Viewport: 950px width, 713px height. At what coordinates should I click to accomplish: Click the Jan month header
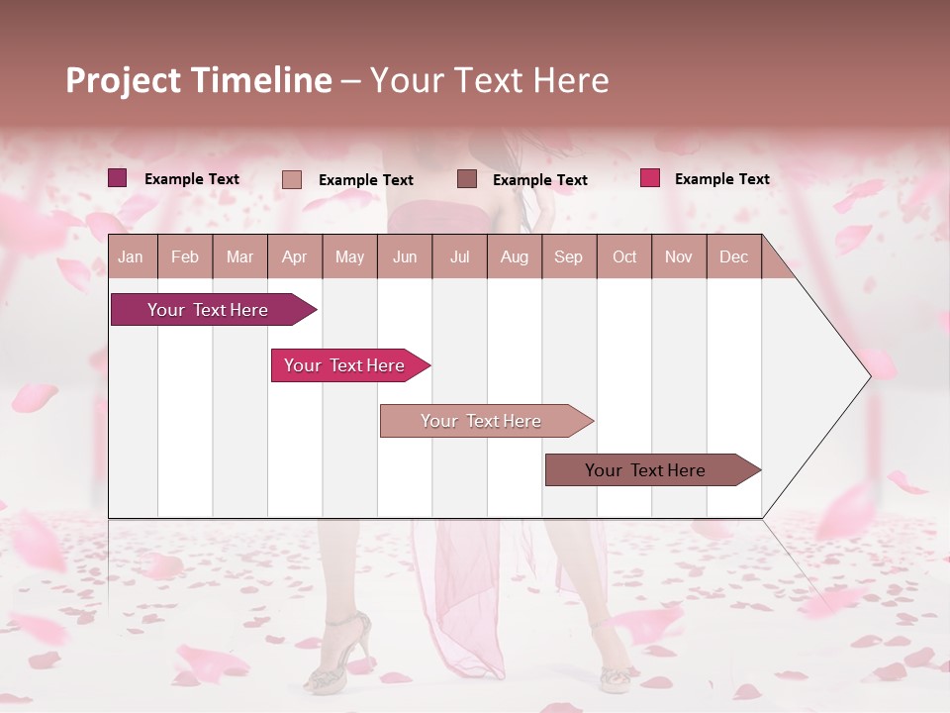click(x=131, y=256)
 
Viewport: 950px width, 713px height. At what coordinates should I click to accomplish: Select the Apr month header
click(x=294, y=256)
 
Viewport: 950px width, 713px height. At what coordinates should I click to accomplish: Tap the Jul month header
click(x=459, y=256)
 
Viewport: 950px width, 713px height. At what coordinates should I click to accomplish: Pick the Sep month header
click(x=568, y=256)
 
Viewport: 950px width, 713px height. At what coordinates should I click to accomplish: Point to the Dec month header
click(x=733, y=256)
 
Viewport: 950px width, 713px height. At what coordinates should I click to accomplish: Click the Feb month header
click(x=185, y=256)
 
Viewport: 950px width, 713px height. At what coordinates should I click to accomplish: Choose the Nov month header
click(x=678, y=256)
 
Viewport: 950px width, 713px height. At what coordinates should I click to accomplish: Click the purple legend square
click(x=118, y=178)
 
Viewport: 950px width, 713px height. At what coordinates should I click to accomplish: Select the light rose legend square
click(x=292, y=179)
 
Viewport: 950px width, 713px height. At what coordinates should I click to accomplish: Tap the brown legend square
click(x=467, y=178)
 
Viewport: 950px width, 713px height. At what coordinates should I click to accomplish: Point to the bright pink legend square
click(x=650, y=178)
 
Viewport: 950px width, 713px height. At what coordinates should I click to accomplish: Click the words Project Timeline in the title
click(x=198, y=80)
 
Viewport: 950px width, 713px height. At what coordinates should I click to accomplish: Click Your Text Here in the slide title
click(x=489, y=80)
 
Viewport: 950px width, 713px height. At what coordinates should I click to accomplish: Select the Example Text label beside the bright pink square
click(x=721, y=179)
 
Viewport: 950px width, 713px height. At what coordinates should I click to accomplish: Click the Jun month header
click(x=404, y=256)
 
